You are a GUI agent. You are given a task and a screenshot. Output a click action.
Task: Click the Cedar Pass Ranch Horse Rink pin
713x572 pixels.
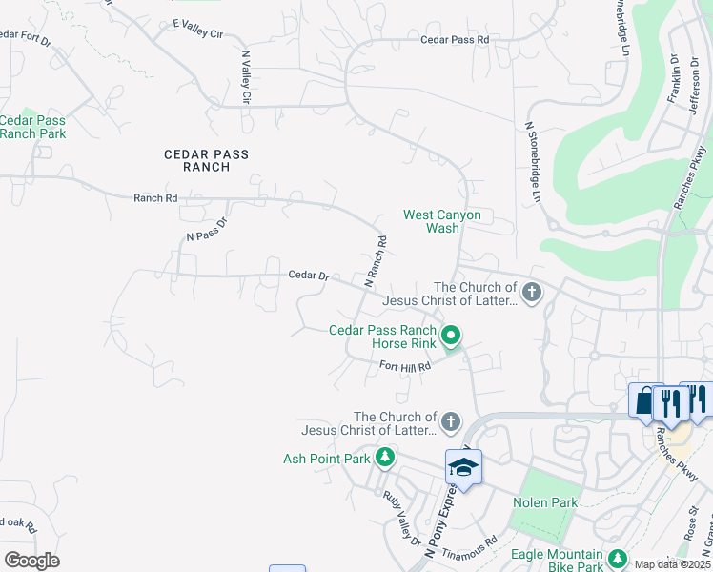pyautogui.click(x=452, y=335)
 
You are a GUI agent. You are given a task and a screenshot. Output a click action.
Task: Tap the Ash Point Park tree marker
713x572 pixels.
pyautogui.click(x=384, y=459)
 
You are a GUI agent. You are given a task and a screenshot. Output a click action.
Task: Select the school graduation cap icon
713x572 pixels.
pyautogui.click(x=463, y=468)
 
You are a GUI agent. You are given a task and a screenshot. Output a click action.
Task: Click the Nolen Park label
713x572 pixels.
pyautogui.click(x=544, y=502)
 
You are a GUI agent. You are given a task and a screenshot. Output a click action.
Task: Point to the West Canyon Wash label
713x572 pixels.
pyautogui.click(x=442, y=222)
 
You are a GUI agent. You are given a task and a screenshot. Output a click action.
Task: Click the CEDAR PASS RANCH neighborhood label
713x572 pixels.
pyautogui.click(x=207, y=160)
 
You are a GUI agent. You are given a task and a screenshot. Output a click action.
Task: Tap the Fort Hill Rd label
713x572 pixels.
pyautogui.click(x=405, y=366)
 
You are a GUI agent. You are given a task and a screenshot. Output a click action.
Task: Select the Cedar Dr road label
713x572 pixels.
pyautogui.click(x=309, y=276)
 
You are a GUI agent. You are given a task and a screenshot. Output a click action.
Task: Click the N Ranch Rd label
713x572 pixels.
pyautogui.click(x=376, y=262)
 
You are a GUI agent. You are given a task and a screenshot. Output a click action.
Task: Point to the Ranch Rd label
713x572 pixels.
pyautogui.click(x=155, y=198)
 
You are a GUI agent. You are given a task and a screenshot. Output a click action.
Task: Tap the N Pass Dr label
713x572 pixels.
pyautogui.click(x=207, y=230)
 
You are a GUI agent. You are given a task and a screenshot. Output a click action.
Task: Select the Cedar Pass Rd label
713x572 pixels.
pyautogui.click(x=454, y=40)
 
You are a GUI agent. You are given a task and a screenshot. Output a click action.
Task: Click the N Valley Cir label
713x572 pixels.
pyautogui.click(x=246, y=76)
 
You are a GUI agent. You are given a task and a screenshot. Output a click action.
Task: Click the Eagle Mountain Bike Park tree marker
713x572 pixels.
pyautogui.click(x=617, y=556)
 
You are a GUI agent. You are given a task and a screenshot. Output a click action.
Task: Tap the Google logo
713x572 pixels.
pyautogui.click(x=31, y=561)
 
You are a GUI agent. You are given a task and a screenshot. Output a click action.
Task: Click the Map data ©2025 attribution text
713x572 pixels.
pyautogui.click(x=671, y=564)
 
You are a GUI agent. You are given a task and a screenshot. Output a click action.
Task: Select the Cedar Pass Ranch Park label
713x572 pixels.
pyautogui.click(x=33, y=127)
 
